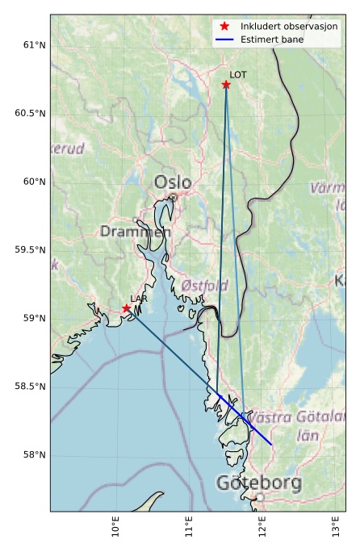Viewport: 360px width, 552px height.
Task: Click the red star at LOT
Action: [226, 85]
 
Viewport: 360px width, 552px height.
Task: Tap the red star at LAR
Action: [127, 308]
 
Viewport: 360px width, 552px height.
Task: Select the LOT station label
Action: [238, 75]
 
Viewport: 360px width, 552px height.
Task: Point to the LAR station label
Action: [139, 299]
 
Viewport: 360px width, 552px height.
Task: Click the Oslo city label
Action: [173, 182]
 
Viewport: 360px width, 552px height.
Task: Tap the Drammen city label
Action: [136, 232]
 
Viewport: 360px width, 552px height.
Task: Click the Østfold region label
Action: [204, 286]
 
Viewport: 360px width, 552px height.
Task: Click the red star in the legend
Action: [224, 27]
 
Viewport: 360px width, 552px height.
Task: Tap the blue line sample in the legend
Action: [224, 39]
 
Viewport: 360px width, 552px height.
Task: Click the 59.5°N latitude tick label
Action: [27, 250]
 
